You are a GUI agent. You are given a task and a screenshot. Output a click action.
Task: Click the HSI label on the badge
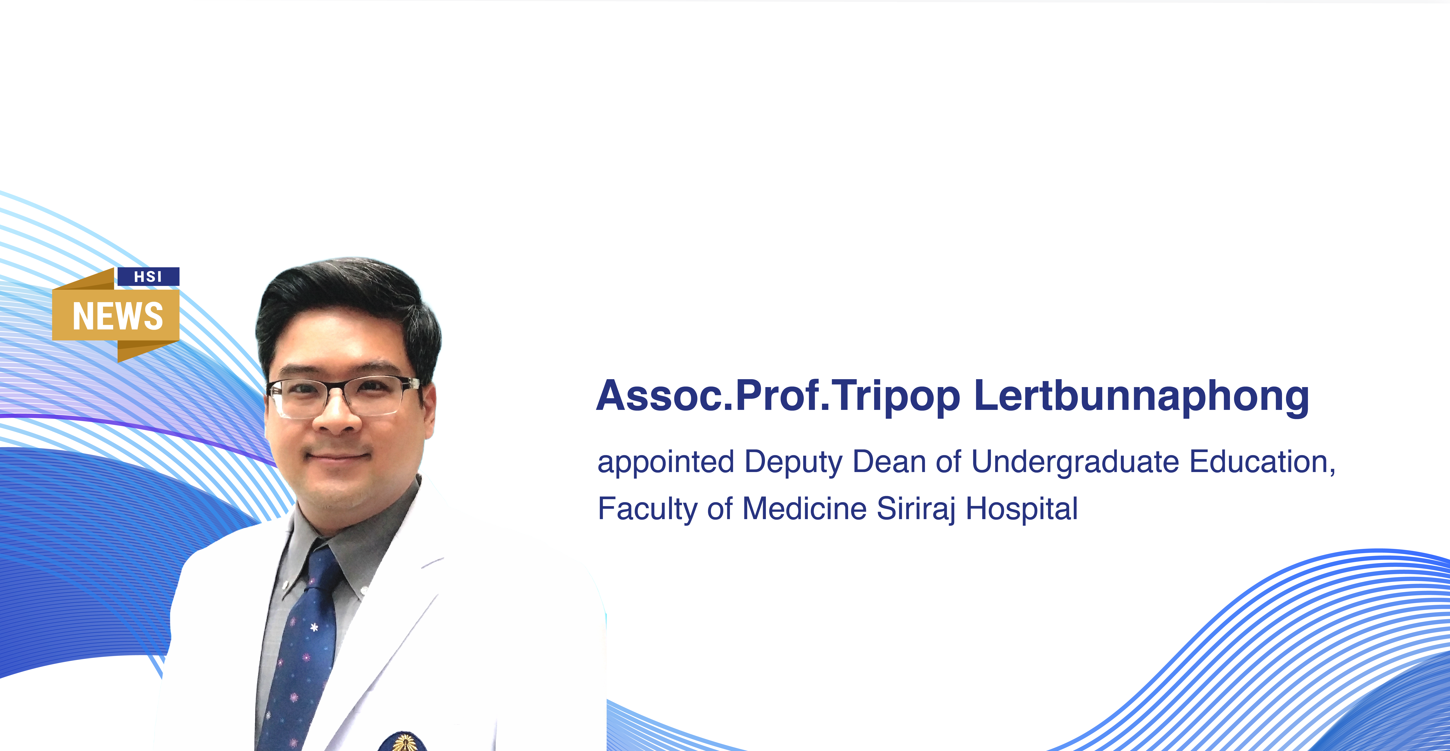(x=148, y=276)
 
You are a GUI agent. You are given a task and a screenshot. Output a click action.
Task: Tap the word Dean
(x=889, y=462)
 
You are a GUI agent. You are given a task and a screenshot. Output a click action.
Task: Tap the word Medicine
(x=804, y=508)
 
